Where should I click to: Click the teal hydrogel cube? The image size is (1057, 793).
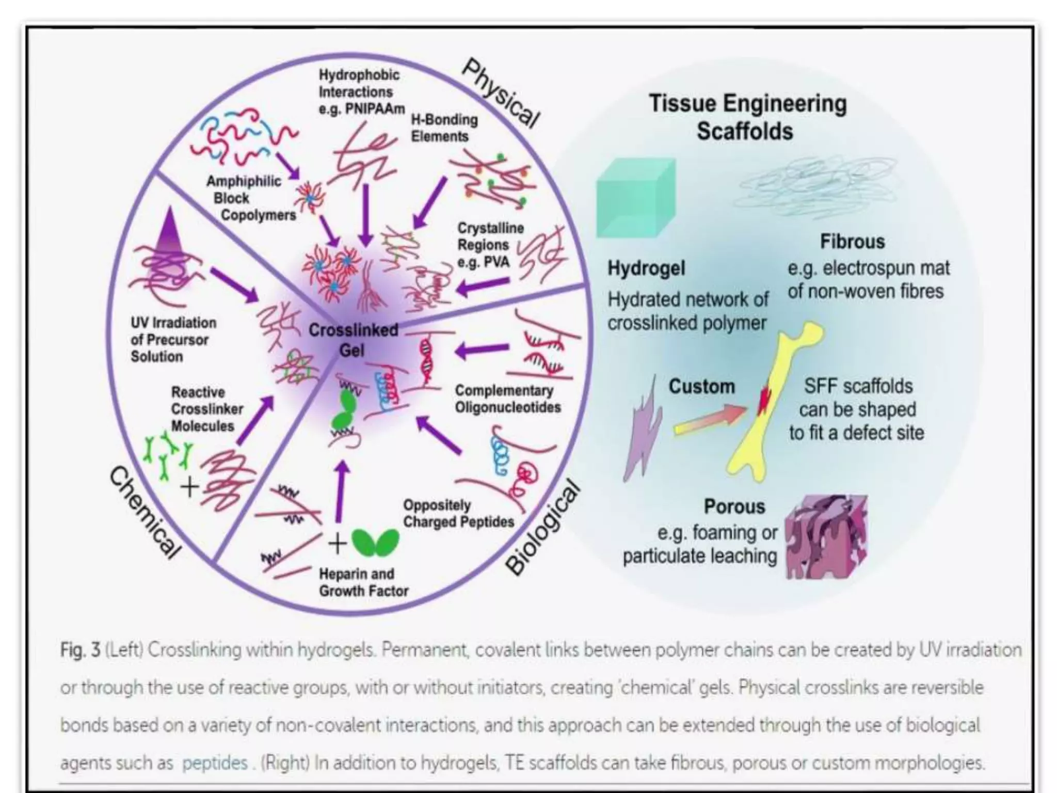tap(635, 199)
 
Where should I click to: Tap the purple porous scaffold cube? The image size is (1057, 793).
tap(826, 537)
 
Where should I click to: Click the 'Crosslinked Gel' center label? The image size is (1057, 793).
tap(353, 340)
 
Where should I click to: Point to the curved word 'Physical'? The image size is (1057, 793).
tap(500, 92)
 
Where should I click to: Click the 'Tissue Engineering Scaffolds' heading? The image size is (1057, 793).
tap(747, 117)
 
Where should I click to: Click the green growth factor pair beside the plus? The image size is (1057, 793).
tap(375, 543)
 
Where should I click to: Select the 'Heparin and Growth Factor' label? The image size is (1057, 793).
tap(363, 582)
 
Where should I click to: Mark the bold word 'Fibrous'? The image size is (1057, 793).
tap(852, 242)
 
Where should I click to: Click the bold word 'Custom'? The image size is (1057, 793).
tap(701, 386)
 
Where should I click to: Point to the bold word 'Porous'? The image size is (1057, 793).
tap(734, 506)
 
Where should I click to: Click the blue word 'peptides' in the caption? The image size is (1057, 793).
tap(215, 763)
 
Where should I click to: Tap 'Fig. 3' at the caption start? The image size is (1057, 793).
tap(80, 650)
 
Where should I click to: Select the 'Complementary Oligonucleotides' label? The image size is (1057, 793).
tap(507, 399)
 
